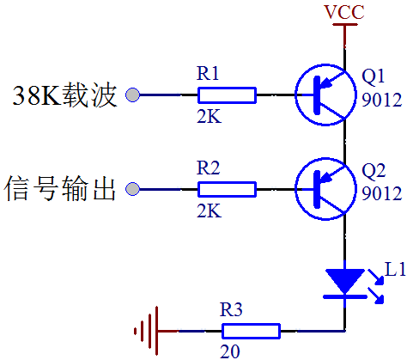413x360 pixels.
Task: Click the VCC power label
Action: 344,12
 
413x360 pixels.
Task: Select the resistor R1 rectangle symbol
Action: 227,95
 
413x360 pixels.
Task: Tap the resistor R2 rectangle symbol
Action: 227,189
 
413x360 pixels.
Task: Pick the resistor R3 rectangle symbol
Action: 251,332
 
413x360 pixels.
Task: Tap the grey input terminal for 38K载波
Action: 133,95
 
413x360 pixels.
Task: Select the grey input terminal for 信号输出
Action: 133,189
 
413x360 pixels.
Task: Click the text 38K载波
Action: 64,95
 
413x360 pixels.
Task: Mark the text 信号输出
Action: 60,189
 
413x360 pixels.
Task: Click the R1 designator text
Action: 208,73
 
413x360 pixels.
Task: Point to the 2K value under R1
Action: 210,117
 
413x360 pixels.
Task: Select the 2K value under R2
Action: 210,211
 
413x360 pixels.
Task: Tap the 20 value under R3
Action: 230,351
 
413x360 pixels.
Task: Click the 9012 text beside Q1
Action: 382,100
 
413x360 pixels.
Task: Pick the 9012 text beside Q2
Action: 382,193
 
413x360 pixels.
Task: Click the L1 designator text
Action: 396,269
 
